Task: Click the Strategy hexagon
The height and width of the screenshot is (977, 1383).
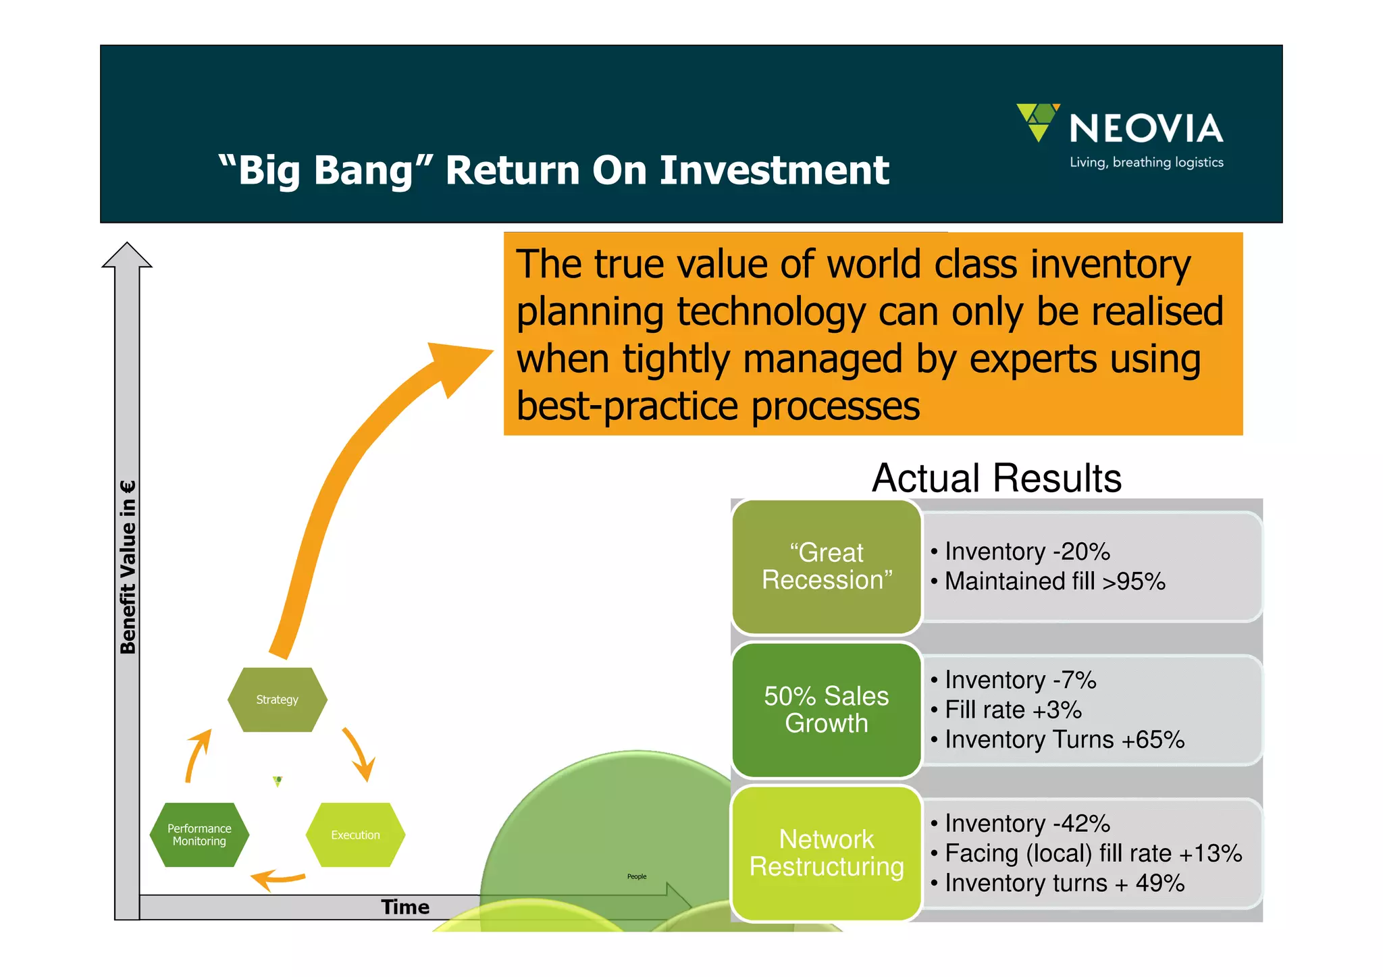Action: coord(277,699)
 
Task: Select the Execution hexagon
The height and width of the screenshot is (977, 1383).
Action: coord(355,835)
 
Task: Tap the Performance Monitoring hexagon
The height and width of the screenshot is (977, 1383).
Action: coord(199,835)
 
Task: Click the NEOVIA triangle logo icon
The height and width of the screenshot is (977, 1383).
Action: coord(1037,121)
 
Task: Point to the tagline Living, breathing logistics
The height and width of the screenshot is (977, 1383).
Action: coord(1146,163)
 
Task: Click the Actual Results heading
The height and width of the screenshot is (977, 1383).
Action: coord(996,478)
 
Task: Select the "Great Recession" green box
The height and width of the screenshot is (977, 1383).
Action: coord(827,567)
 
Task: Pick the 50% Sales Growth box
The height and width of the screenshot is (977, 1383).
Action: coord(827,710)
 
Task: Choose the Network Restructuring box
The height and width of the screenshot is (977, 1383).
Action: coord(827,853)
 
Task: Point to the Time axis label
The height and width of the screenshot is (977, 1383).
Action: coord(405,907)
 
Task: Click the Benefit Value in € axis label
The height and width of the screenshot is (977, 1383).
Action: coord(128,567)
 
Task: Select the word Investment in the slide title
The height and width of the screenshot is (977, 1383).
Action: coord(774,170)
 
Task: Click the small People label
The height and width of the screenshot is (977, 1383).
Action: coord(636,876)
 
